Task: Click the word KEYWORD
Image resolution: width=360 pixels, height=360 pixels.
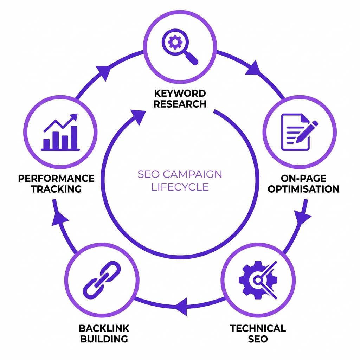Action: [x=180, y=94]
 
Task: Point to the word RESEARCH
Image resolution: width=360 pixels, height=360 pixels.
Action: [x=180, y=104]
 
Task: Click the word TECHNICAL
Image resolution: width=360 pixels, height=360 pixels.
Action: [x=258, y=328]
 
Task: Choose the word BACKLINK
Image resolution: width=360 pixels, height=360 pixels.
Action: [x=104, y=328]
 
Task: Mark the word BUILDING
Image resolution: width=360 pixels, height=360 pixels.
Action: [x=104, y=339]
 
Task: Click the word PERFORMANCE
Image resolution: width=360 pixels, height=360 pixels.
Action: [x=56, y=178]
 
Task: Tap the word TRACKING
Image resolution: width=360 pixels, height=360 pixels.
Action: [x=56, y=189]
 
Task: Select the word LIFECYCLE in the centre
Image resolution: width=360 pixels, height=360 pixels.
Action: [x=180, y=187]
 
